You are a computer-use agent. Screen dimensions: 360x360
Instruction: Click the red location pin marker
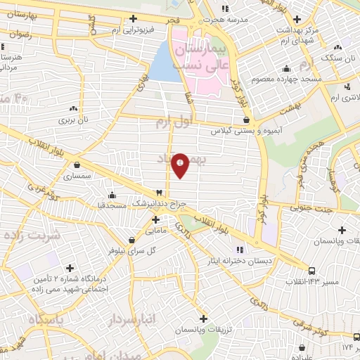180,165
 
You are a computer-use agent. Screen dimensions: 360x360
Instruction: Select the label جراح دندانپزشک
161,205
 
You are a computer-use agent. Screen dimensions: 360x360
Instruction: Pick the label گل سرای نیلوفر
131,250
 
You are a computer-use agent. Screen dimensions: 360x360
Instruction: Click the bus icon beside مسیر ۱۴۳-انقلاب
311,270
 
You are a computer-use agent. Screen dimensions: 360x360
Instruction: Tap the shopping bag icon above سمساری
76,165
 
